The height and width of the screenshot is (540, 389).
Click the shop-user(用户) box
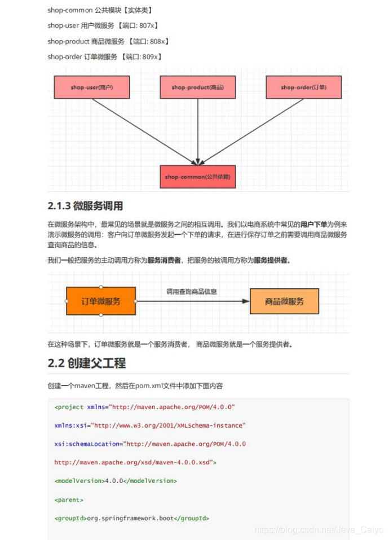[x=91, y=87]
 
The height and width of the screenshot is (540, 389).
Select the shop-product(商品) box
[x=197, y=87]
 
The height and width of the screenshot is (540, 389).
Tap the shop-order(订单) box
[x=303, y=87]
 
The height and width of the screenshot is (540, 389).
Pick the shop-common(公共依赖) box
[x=197, y=177]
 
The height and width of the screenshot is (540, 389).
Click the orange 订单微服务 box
[x=101, y=301]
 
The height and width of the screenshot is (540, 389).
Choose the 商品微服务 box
[x=284, y=301]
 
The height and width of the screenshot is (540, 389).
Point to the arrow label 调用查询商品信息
[x=192, y=292]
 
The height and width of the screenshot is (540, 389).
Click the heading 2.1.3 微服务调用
[x=85, y=206]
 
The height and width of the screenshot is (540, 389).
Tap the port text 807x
[x=148, y=25]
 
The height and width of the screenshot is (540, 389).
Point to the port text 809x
[x=152, y=56]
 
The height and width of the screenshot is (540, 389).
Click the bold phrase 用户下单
[x=313, y=224]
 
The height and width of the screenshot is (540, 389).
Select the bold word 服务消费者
[x=164, y=260]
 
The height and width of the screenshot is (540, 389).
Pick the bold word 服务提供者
[x=272, y=260]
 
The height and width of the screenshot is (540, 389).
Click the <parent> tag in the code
[x=69, y=499]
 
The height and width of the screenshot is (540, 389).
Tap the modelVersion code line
[x=116, y=481]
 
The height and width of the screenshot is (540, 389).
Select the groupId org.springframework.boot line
[x=131, y=518]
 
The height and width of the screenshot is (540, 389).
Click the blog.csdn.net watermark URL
[x=319, y=530]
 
